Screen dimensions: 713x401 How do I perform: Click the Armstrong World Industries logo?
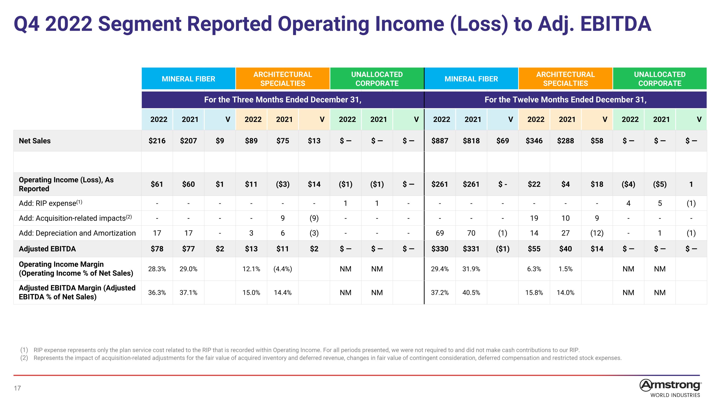pos(670,388)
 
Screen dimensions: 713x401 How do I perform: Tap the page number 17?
pos(17,388)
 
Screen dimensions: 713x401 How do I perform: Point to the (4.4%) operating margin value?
pos(283,269)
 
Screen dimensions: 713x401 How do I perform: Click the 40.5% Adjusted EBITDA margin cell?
pos(471,293)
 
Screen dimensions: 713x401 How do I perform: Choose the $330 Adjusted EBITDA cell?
pos(440,249)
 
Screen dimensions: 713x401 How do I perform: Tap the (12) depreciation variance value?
pos(597,233)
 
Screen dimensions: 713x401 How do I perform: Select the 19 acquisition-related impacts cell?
pos(534,218)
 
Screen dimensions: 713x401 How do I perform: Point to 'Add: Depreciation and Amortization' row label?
pos(77,233)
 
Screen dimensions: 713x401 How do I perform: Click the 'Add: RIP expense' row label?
pos(50,203)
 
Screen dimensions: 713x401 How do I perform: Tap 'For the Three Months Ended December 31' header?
pos(283,100)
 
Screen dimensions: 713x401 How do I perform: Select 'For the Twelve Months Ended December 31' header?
pos(565,100)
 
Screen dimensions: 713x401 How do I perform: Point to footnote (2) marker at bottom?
pos(24,358)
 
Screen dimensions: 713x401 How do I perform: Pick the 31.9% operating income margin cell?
pos(471,269)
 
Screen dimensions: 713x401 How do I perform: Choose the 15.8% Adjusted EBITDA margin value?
pos(534,293)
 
